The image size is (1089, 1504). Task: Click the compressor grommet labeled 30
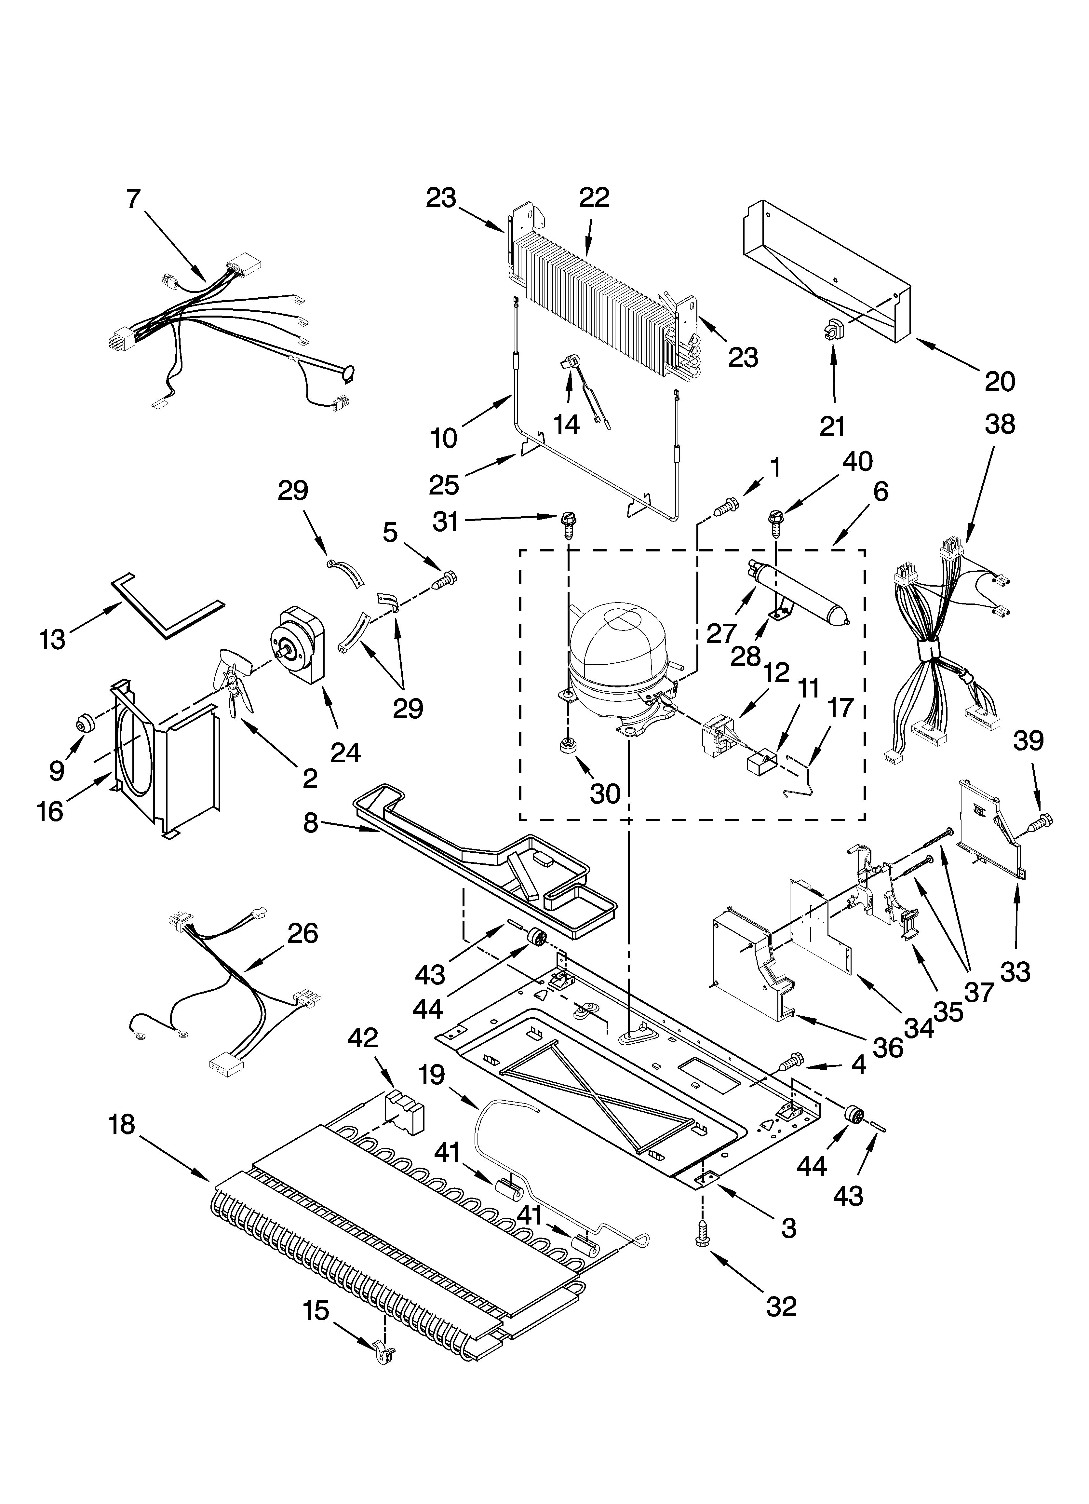tap(567, 744)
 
